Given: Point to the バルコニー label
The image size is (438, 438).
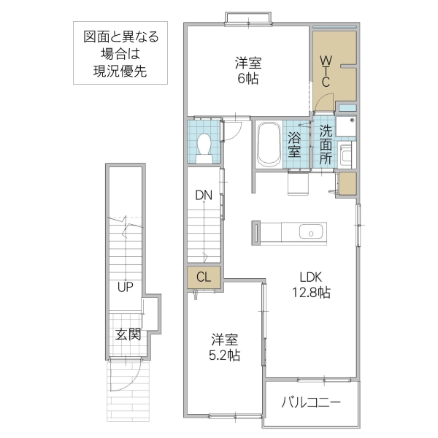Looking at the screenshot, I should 311,404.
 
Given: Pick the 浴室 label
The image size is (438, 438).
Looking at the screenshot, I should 294,144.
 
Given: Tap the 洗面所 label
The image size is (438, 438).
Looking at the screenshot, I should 326,144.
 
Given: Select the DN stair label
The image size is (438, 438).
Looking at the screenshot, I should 203,195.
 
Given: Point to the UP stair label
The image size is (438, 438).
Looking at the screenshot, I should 125,286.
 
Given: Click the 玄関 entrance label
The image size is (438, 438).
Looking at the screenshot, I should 128,335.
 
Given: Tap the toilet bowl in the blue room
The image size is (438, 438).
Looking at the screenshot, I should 205,147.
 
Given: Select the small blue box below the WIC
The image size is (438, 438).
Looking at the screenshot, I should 347,109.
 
